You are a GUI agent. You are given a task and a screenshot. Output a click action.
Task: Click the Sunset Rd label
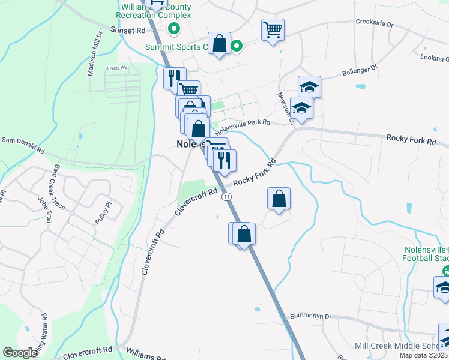128,30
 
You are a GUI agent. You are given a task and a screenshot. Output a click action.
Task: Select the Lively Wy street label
118,68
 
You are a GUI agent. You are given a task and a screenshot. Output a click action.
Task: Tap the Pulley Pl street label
103,213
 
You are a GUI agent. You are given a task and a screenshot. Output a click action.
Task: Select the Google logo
20,353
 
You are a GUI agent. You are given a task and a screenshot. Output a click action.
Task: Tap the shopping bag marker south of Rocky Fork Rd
279,199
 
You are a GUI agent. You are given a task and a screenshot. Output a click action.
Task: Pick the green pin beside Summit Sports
237,46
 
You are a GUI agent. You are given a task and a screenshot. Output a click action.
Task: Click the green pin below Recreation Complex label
174,28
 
